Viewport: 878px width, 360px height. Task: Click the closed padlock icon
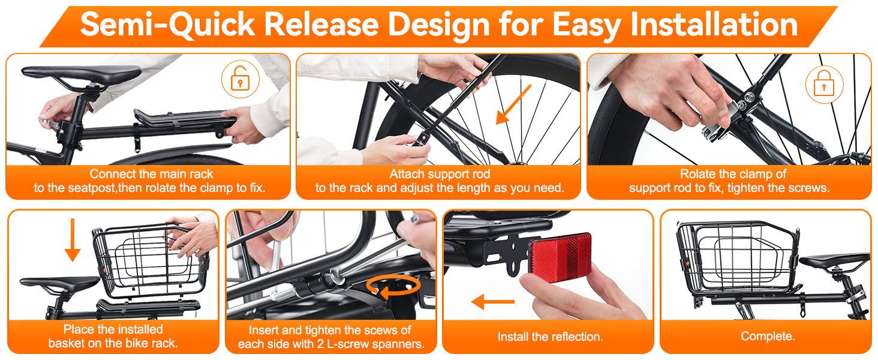[x=824, y=84]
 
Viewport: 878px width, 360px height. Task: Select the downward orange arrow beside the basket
[x=73, y=239]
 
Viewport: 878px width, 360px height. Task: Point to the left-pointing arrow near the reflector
[x=493, y=302]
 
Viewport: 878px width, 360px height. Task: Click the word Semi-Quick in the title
[x=167, y=25]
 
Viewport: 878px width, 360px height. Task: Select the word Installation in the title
[x=714, y=25]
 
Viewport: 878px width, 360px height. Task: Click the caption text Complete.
[x=768, y=336]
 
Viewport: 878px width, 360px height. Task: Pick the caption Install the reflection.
[x=550, y=337]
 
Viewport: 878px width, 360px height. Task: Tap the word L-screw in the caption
[x=337, y=344]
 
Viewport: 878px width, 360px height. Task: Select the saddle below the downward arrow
[x=60, y=283]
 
